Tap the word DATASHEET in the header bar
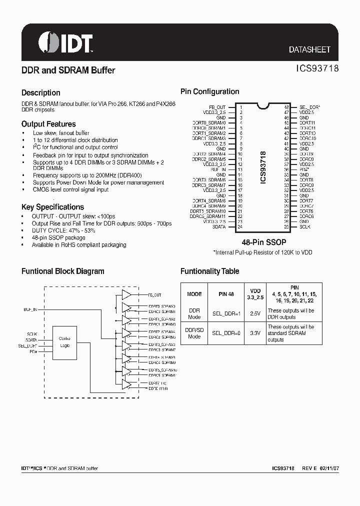coord(309,50)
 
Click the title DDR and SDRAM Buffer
coord(68,70)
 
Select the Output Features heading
coord(48,124)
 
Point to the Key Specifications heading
coord(52,207)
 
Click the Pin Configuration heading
coord(209,91)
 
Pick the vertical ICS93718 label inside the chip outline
coord(263,167)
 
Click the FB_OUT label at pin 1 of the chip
coord(217,107)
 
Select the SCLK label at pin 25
coord(305,227)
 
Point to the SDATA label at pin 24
coord(218,227)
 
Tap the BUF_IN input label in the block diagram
coord(30,309)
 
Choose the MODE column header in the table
coord(194,294)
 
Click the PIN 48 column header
coord(226,294)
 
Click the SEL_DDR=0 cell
coord(226,333)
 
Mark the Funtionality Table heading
coord(209,271)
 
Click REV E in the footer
coord(308,468)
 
